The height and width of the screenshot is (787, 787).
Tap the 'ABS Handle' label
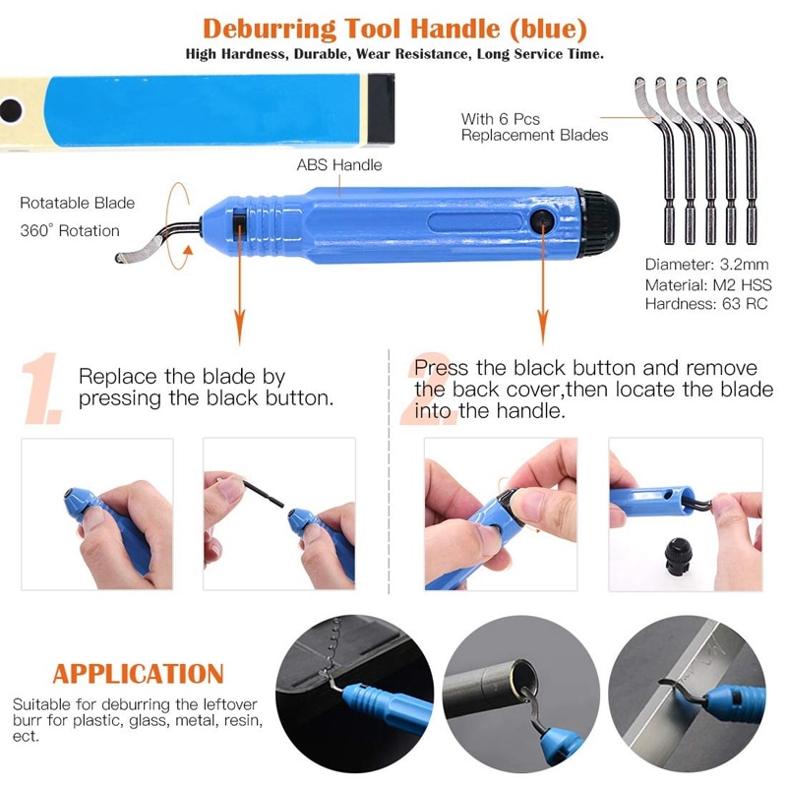pyautogui.click(x=339, y=165)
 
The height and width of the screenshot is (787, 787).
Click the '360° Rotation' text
pyautogui.click(x=70, y=231)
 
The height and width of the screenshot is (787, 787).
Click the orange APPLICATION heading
pyautogui.click(x=138, y=674)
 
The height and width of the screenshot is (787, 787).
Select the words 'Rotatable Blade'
pyautogui.click(x=78, y=204)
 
